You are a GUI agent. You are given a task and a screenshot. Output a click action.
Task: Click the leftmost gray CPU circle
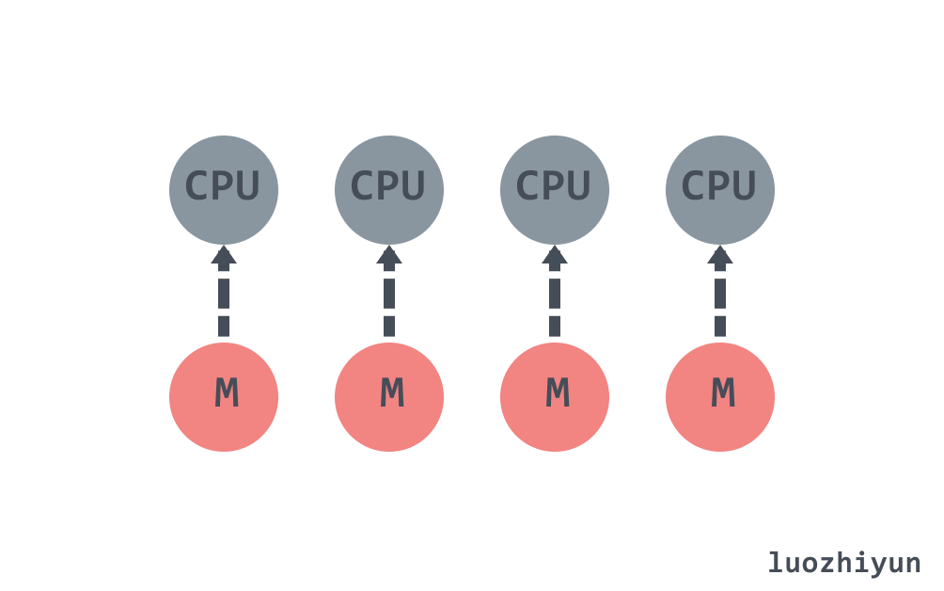click(224, 190)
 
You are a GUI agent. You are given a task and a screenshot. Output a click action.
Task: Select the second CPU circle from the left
click(389, 190)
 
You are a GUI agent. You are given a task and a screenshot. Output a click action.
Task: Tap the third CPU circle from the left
click(555, 190)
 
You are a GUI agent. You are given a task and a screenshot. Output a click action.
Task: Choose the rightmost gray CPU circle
click(720, 190)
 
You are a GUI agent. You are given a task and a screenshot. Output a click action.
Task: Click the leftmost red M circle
click(224, 397)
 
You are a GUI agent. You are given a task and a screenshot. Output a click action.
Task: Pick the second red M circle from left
click(389, 397)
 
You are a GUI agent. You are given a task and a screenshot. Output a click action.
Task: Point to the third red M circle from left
click(555, 397)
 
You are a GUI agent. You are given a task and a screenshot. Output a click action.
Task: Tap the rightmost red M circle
click(720, 397)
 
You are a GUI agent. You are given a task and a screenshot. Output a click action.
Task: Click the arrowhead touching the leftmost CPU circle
click(224, 255)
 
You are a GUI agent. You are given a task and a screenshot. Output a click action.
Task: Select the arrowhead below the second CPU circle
click(389, 255)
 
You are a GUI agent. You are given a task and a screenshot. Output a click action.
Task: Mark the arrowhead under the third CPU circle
click(555, 255)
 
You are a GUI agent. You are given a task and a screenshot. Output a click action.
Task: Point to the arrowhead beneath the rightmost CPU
click(720, 255)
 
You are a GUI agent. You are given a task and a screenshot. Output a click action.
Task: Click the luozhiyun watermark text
click(844, 563)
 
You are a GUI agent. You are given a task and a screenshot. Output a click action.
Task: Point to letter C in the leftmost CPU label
click(197, 186)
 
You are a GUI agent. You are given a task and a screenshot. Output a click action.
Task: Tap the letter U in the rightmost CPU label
click(745, 186)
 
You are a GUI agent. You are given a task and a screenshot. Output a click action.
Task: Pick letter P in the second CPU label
click(388, 186)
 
